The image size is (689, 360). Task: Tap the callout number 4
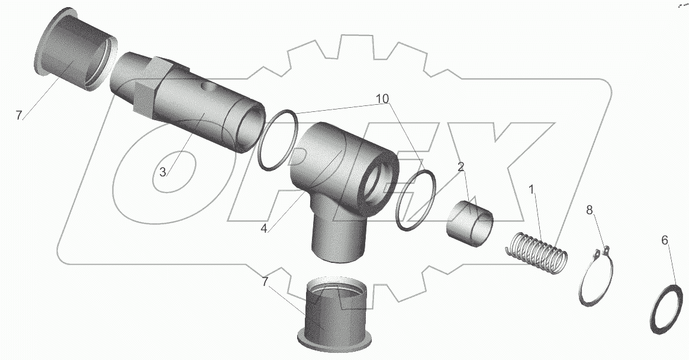click(263, 229)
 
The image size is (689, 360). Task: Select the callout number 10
click(382, 99)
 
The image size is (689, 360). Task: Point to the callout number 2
click(461, 167)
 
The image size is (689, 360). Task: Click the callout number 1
click(531, 190)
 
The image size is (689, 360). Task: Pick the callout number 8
click(590, 210)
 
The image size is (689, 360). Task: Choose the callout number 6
click(664, 240)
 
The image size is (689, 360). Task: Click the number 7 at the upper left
click(18, 115)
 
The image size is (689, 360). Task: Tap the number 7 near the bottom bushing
click(265, 282)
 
